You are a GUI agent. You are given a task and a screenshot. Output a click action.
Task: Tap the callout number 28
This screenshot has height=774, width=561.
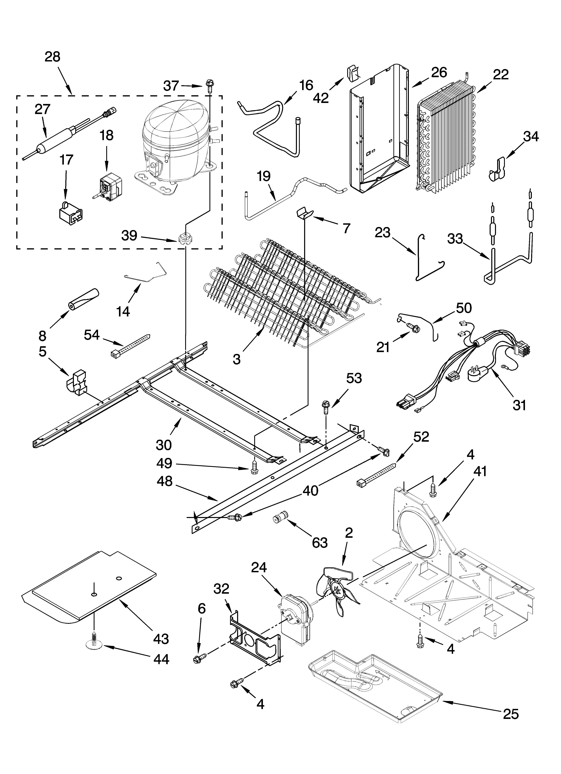point(52,57)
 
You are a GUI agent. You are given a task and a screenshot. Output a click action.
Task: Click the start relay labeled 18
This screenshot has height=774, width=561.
point(108,184)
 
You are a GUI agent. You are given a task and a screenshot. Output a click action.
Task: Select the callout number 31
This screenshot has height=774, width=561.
point(519,405)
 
